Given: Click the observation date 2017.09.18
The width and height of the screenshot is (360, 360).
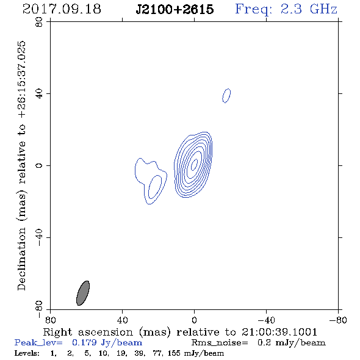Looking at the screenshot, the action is [62, 9].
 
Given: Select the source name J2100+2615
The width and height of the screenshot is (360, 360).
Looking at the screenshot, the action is [175, 9].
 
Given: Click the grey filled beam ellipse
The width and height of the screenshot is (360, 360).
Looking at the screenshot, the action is [83, 293].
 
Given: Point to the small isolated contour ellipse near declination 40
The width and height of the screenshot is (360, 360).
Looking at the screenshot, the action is [226, 96].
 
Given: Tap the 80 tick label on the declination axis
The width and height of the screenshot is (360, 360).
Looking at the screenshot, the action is [39, 22].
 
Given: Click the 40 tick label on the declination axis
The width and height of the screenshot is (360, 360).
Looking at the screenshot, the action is [39, 94].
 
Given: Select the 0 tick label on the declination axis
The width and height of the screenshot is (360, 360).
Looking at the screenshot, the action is [39, 165].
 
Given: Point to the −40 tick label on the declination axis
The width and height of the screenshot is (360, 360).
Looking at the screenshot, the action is [39, 237].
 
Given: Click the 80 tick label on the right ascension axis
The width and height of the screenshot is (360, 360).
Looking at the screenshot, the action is [50, 320].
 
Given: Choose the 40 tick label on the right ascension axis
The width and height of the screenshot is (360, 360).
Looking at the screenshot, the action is [122, 320].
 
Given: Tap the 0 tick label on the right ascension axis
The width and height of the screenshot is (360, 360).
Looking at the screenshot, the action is [194, 320].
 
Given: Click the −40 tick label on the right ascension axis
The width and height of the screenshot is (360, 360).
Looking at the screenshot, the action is [266, 320].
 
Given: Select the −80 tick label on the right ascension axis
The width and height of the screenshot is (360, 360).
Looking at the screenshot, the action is [338, 320].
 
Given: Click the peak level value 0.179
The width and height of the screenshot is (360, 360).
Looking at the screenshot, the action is [84, 342].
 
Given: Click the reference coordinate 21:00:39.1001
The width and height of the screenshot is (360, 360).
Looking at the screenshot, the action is [279, 332].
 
